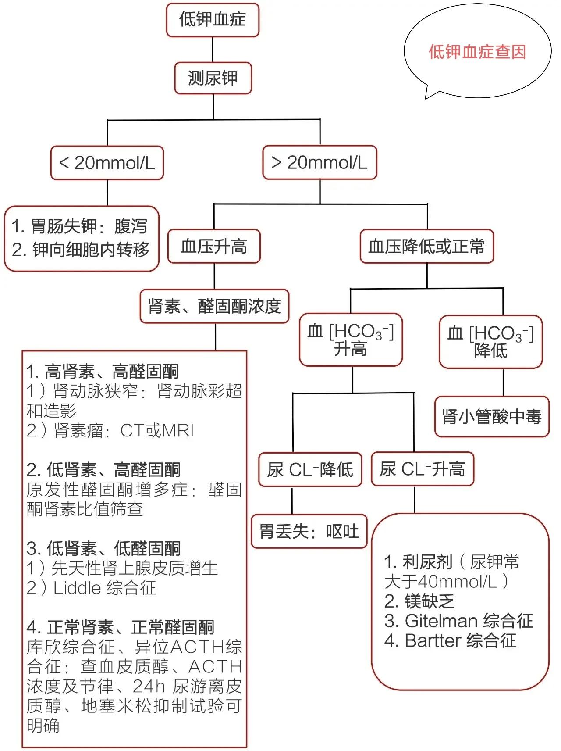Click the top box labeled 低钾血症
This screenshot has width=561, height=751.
213,20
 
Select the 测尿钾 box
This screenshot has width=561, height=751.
213,78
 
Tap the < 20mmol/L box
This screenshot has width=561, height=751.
107,163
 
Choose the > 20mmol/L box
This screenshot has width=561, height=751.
320,162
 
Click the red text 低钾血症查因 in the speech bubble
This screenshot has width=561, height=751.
477,52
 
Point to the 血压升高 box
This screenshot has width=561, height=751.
214,246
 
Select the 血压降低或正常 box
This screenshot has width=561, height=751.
426,246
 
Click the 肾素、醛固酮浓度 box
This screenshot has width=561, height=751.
214,306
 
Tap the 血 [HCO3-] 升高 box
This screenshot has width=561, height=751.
351,340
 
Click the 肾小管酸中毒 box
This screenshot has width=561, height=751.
492,416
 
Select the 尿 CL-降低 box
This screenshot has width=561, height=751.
310,469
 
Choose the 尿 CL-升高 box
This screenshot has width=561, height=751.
423,469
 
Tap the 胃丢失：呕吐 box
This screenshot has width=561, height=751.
309,531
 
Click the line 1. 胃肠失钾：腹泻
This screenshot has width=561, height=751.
79,226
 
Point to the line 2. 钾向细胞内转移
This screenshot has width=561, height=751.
81,250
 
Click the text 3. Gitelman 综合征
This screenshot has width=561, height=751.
458,621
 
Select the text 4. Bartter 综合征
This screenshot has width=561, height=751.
450,640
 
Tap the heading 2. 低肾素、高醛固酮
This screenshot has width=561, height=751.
103,470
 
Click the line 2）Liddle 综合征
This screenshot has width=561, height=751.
91,588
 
